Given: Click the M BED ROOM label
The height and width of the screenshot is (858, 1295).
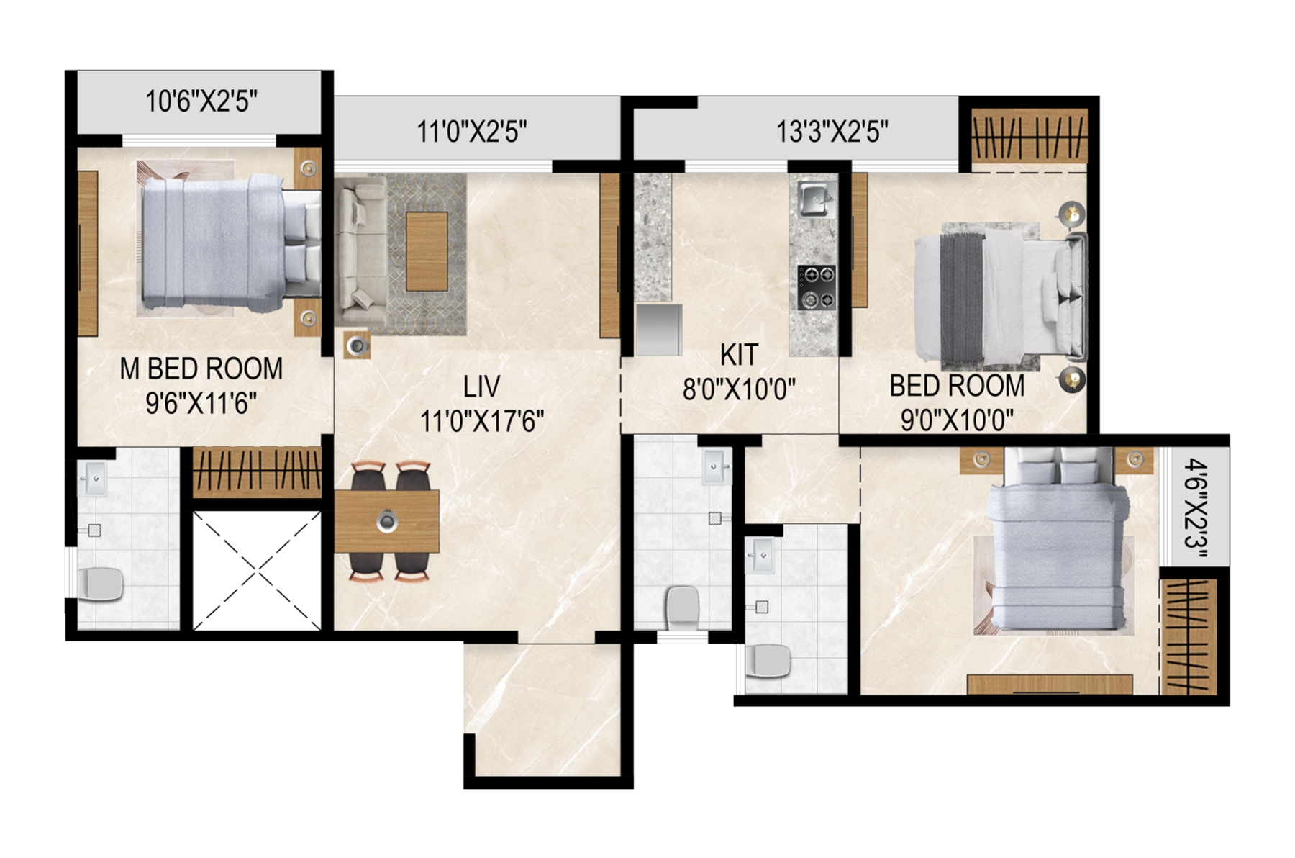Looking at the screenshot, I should click(201, 369).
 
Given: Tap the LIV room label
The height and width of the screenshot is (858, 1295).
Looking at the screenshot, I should click(481, 387).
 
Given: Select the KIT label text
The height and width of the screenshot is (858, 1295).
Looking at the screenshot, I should click(739, 355).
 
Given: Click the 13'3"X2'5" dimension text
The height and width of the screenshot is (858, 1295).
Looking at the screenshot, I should click(832, 132).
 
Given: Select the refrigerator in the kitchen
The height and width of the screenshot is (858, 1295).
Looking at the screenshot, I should click(659, 330).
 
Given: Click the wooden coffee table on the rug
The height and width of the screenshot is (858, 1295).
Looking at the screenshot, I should click(427, 252).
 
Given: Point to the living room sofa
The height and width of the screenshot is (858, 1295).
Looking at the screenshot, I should click(359, 252).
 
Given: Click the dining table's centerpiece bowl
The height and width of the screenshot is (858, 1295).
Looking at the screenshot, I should click(387, 520).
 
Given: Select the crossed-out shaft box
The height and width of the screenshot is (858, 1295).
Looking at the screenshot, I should click(257, 571).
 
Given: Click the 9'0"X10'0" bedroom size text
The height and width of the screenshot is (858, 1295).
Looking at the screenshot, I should click(957, 420).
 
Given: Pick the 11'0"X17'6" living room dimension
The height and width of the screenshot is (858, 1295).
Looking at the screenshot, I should click(481, 421).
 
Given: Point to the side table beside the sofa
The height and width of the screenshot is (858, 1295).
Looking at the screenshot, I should click(357, 346).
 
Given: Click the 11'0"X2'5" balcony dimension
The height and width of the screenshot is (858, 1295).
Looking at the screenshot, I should click(472, 132).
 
